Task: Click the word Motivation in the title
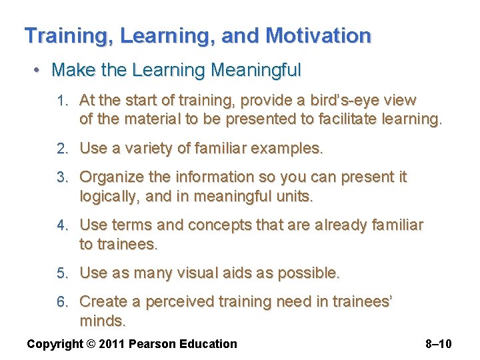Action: (318, 36)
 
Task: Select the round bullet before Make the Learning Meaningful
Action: (40, 70)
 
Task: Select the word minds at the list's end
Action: (101, 321)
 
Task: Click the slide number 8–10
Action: (438, 344)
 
